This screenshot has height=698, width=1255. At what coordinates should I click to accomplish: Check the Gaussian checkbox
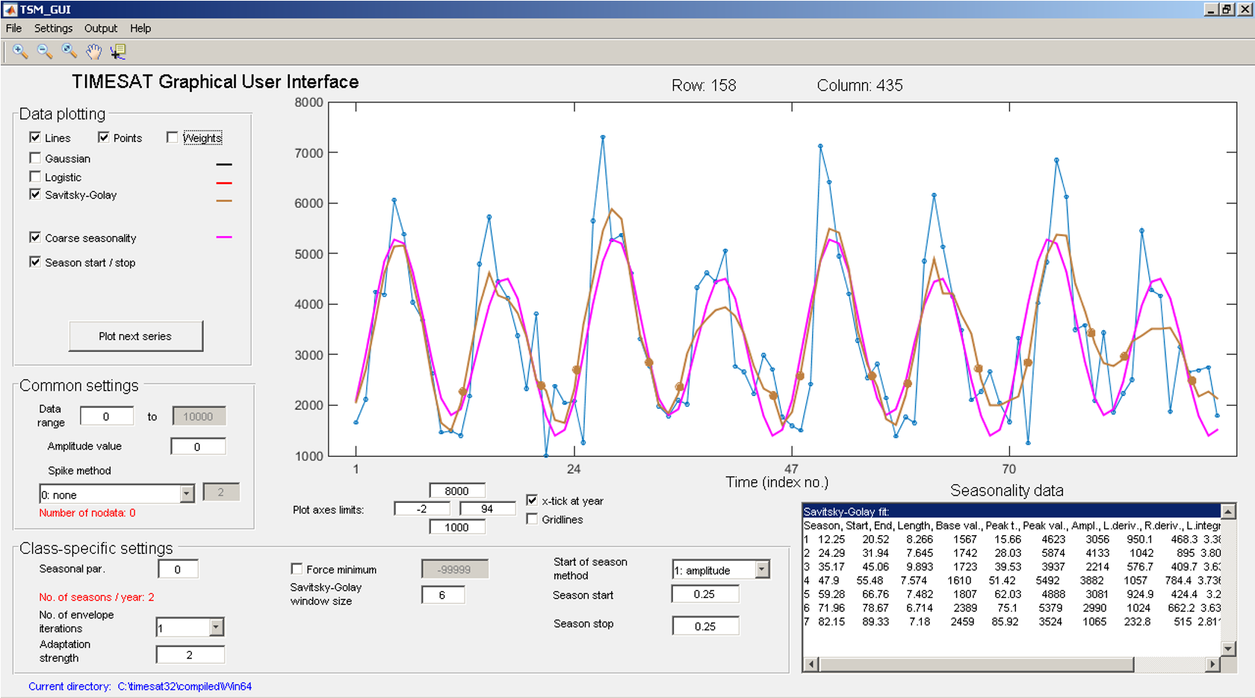point(35,158)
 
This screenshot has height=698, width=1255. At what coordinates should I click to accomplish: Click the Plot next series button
point(135,336)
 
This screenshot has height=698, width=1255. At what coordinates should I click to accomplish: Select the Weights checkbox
point(173,138)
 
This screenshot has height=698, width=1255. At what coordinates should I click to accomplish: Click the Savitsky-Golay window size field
point(442,595)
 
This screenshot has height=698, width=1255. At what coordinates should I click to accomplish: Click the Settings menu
point(53,28)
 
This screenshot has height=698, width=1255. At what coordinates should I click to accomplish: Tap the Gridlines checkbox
point(532,519)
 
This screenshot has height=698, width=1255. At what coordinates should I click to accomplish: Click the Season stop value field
point(704,626)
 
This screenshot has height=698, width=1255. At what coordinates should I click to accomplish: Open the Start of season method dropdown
point(761,569)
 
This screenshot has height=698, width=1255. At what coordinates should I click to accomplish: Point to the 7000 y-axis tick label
point(309,153)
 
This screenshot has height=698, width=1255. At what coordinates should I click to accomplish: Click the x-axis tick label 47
point(791,469)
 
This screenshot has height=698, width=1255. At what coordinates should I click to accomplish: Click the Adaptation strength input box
point(190,655)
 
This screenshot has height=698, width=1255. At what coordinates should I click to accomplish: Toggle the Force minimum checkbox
point(297,569)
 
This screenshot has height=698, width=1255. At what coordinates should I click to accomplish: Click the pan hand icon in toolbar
point(93,51)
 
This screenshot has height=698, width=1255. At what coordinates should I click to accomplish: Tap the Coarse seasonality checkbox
point(35,238)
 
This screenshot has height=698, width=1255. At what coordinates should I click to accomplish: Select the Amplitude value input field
point(197,447)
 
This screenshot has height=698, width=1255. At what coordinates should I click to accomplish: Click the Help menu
point(140,28)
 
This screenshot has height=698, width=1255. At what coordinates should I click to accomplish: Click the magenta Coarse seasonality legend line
point(224,237)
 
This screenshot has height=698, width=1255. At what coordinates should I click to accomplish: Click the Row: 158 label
point(703,85)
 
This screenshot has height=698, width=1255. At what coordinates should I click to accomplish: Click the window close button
point(1245,10)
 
